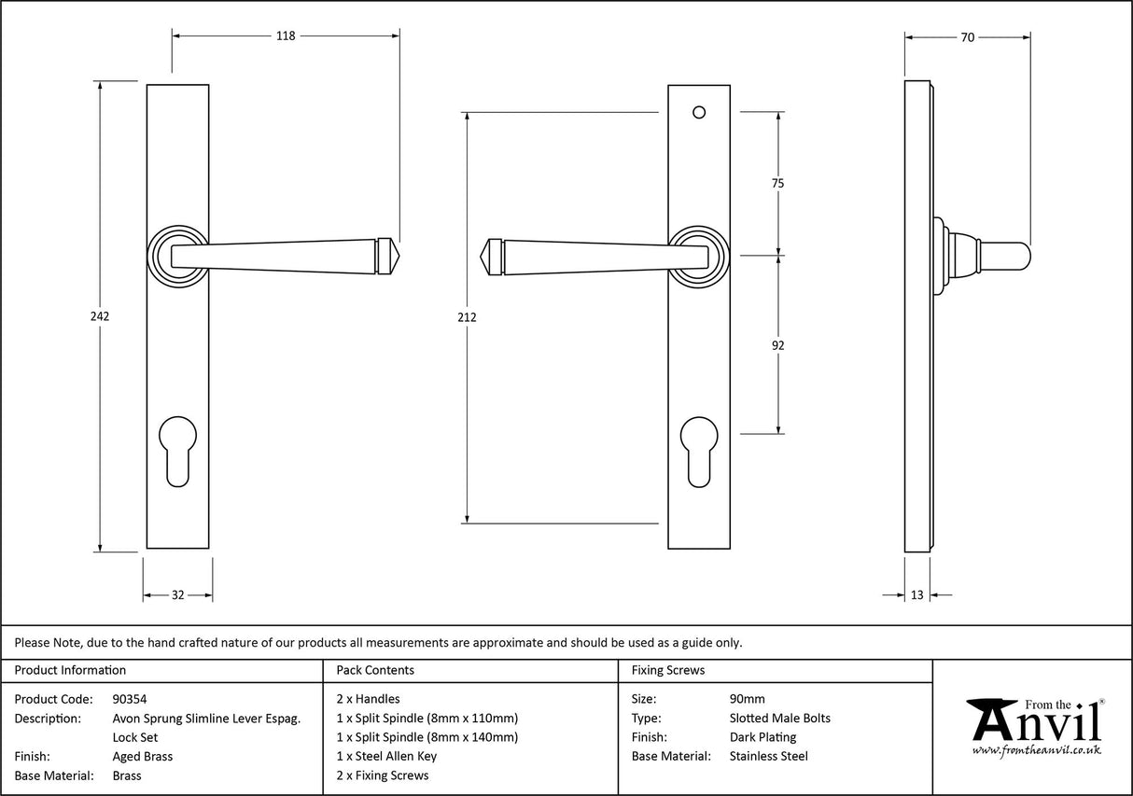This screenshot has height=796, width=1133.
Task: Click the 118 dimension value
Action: (285, 36)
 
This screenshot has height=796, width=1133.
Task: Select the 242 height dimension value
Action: (100, 316)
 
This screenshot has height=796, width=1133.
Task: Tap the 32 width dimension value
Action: (177, 594)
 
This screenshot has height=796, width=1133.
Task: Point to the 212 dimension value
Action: (467, 317)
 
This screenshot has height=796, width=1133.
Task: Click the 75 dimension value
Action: (777, 184)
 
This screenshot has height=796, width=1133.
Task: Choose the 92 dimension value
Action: (777, 345)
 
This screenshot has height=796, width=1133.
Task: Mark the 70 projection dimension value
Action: (967, 37)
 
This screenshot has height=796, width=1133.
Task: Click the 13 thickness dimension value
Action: (916, 594)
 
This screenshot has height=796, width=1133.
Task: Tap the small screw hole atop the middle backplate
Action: (699, 113)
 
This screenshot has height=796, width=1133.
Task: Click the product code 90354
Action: (129, 699)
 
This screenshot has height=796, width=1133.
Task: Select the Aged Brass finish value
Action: (142, 757)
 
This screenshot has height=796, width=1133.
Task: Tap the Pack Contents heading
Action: (375, 670)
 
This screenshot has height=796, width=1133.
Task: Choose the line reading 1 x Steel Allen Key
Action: (386, 757)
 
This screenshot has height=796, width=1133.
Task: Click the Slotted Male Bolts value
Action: (779, 719)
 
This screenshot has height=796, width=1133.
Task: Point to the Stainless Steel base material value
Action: (768, 757)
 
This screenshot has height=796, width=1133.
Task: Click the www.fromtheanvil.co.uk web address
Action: (1036, 750)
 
